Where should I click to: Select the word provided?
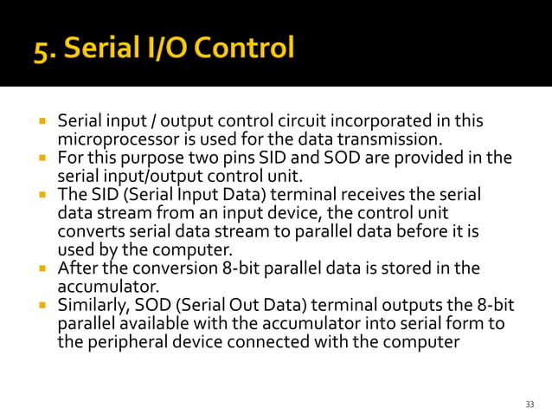pos(430,158)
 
